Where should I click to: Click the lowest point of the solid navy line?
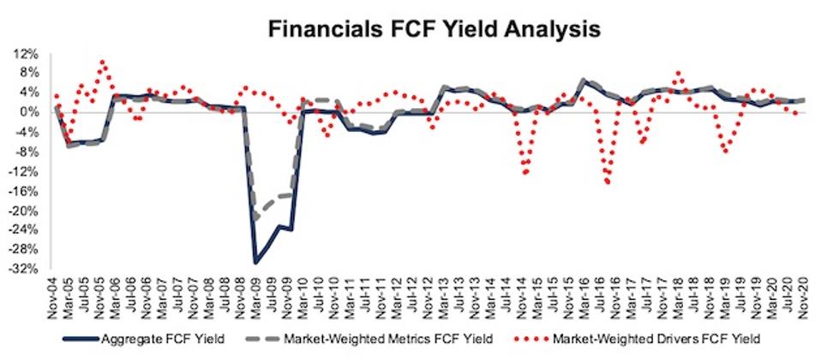(255, 261)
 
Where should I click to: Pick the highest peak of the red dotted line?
(103, 62)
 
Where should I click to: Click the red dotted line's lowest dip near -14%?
(608, 182)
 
